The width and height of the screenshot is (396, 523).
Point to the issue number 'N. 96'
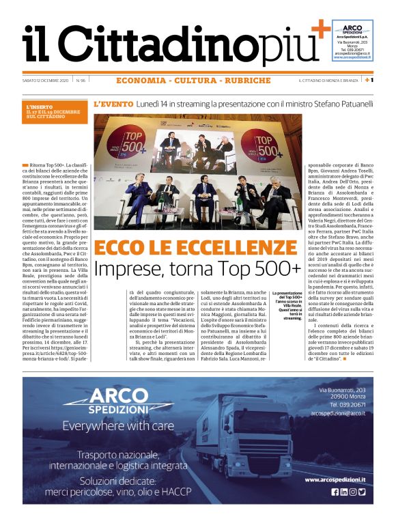[81, 81]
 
